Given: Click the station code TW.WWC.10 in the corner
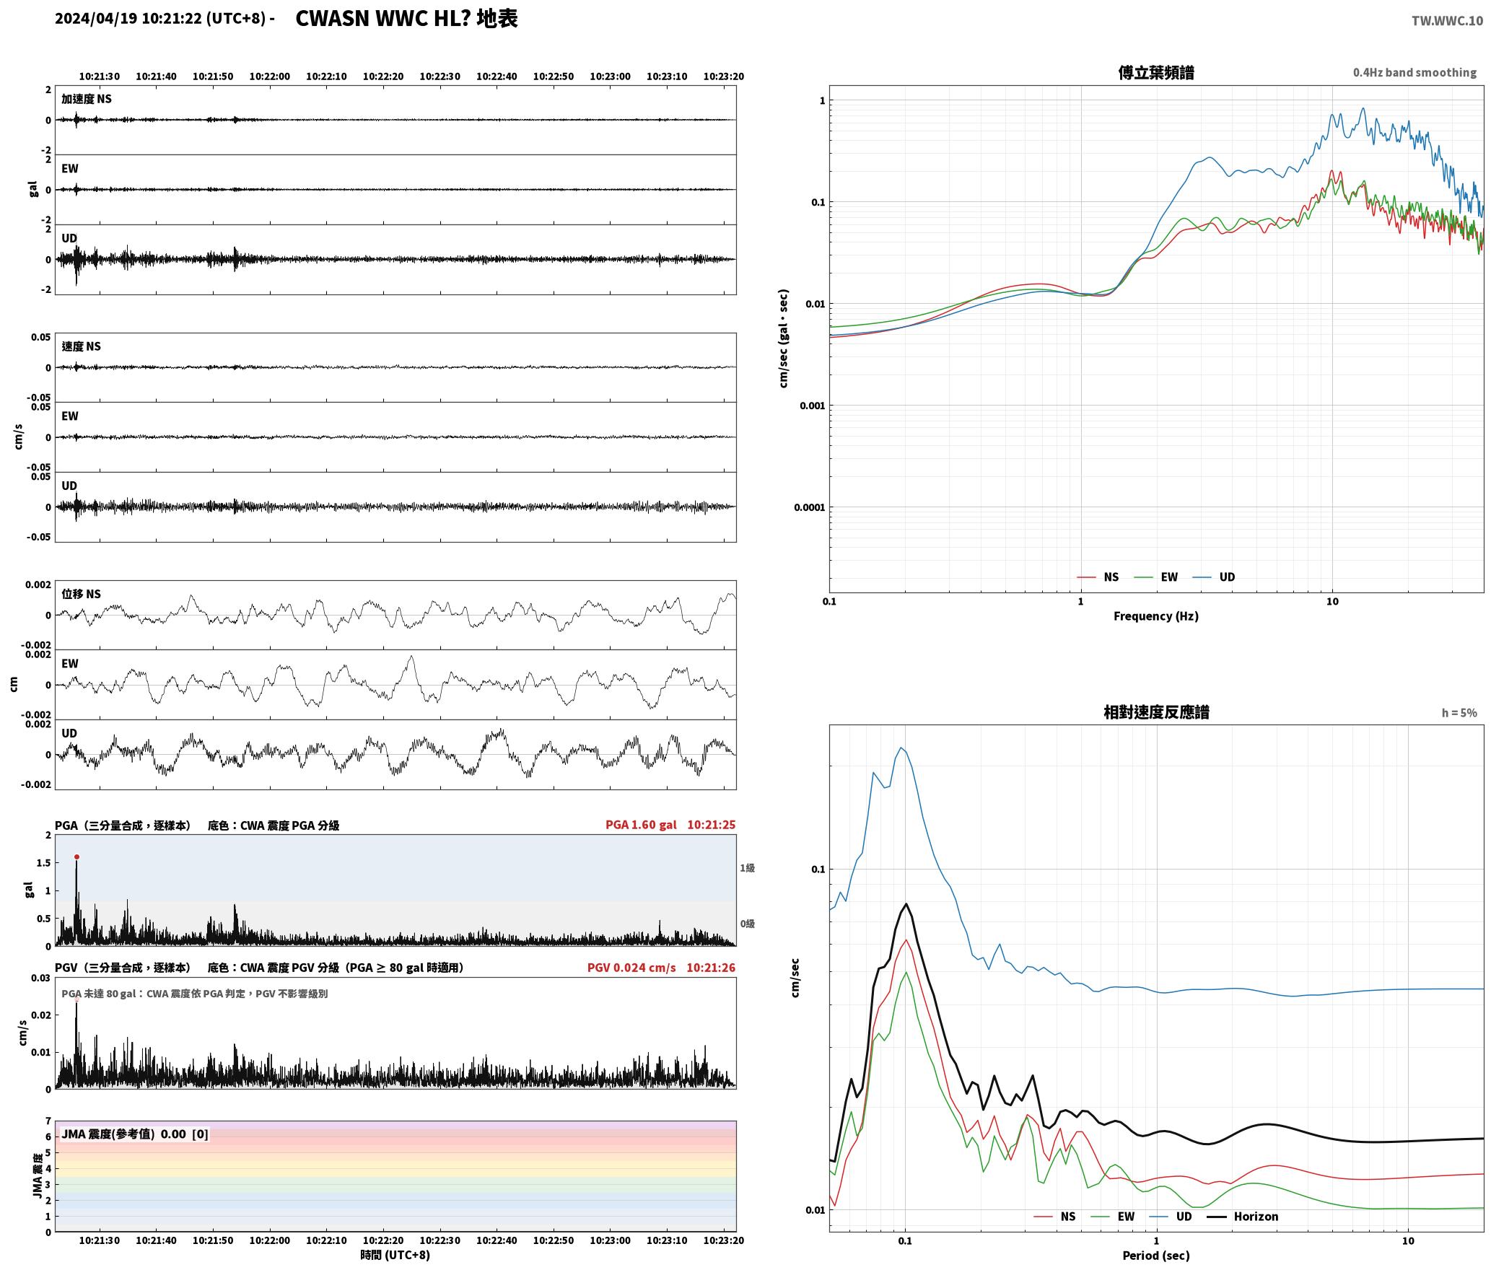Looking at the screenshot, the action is [1447, 21].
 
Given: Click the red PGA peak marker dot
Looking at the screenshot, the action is [76, 857].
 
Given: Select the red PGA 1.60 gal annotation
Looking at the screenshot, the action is [641, 825].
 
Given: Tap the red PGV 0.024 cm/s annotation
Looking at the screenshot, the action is [631, 968].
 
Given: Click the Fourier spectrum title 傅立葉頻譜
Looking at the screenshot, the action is [1155, 73].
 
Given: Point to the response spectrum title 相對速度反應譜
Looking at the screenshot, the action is [1156, 712].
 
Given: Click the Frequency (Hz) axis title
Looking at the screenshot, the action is [1155, 616].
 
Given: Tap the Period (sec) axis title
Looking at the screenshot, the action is [1155, 1256].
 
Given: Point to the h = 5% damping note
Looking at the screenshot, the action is [1459, 713].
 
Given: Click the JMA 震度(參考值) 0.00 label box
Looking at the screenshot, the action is [135, 1134].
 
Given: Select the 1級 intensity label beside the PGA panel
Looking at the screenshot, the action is [747, 868].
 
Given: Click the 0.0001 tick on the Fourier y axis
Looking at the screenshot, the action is [809, 507].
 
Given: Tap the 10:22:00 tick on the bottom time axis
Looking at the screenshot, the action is [270, 1240].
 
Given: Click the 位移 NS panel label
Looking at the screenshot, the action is [81, 594].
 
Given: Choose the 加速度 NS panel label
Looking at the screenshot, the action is [87, 99].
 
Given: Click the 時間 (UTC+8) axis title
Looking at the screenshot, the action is [395, 1256].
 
